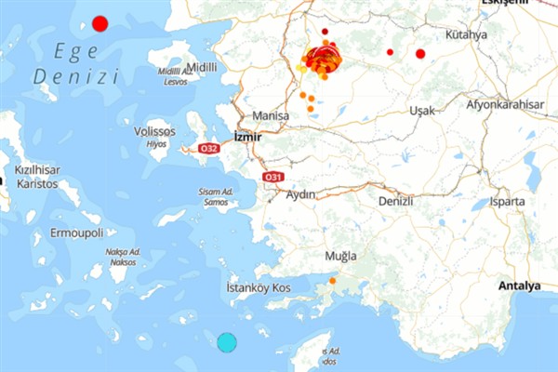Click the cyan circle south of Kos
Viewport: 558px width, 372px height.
coord(227,341)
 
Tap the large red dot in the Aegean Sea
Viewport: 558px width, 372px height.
coord(100,23)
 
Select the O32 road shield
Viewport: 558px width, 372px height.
coord(209,148)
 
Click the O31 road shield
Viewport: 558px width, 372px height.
coord(272,176)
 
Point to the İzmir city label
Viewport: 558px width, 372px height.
coord(248,136)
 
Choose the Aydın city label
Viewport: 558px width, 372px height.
coord(301,194)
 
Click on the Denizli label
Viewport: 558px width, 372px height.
coord(394,200)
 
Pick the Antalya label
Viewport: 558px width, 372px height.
coord(519,286)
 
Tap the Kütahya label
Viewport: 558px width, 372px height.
coord(466,35)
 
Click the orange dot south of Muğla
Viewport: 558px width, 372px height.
coord(332,280)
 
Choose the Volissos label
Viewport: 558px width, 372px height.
coord(155,132)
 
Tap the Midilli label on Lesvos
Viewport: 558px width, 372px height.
coord(202,67)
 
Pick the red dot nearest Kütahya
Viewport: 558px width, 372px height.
coord(419,53)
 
